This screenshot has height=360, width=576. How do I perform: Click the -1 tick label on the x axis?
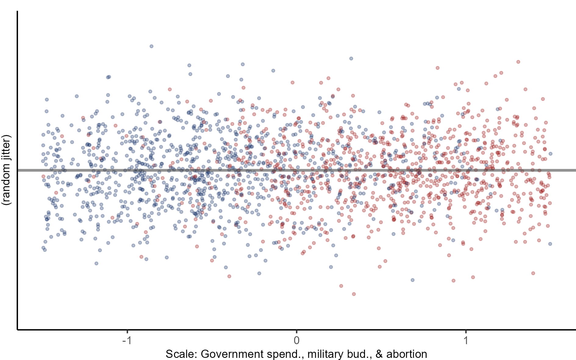[127, 340]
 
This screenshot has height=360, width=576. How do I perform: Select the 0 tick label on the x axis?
[296, 340]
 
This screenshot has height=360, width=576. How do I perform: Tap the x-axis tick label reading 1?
[466, 340]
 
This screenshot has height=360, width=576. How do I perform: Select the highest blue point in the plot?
[151, 46]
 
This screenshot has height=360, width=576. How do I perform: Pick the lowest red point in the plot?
[354, 294]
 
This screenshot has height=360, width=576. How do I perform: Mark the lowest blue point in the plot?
[413, 280]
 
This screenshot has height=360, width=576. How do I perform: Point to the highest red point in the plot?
[518, 62]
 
